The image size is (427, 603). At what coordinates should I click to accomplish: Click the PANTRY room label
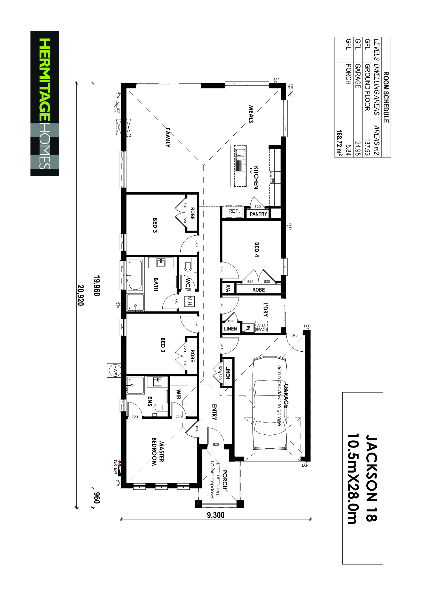coord(258,214)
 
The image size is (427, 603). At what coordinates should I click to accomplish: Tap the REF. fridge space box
coord(234,212)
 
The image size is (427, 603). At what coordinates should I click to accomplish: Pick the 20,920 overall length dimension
coord(81,295)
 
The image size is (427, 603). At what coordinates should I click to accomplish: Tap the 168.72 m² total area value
coord(339,143)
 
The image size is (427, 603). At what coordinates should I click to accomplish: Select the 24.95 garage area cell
coord(358,148)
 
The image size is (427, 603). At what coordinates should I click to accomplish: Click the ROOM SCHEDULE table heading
coord(386,97)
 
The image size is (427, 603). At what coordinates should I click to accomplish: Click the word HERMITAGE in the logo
coord(45,80)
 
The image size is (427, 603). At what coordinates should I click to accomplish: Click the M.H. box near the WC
coord(189,301)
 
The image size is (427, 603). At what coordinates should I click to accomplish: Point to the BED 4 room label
coord(257,250)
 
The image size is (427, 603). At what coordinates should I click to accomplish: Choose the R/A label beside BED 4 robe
coord(228,288)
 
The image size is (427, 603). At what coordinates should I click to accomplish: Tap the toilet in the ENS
coord(159,408)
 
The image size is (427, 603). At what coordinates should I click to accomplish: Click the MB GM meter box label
coord(115,467)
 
